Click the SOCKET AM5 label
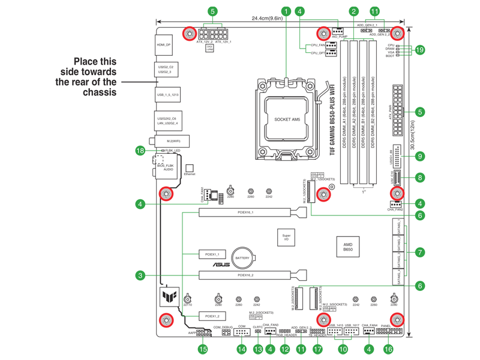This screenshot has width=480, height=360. pyautogui.click(x=287, y=119)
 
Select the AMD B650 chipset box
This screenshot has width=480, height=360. pyautogui.click(x=347, y=247)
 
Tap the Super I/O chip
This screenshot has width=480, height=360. pyautogui.click(x=286, y=238)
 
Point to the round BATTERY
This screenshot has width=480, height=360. pyautogui.click(x=242, y=257)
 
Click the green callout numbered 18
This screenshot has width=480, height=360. pyautogui.click(x=140, y=151)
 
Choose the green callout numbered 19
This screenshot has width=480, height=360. pyautogui.click(x=420, y=50)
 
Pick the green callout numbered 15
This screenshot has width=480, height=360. pyautogui.click(x=203, y=349)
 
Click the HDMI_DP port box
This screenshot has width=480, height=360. pyautogui.click(x=164, y=45)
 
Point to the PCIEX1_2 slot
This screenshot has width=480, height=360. pyautogui.click(x=212, y=316)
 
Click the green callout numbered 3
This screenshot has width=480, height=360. pyautogui.click(x=140, y=275)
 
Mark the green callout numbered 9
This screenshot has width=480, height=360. pyautogui.click(x=420, y=156)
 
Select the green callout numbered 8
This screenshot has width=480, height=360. pyautogui.click(x=420, y=178)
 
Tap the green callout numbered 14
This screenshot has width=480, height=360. pyautogui.click(x=242, y=349)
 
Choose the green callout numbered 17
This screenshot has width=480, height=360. pyautogui.click(x=317, y=349)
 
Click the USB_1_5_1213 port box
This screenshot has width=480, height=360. pyautogui.click(x=167, y=95)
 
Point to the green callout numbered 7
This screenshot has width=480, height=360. pyautogui.click(x=420, y=253)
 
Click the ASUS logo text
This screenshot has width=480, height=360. pyautogui.click(x=221, y=265)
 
